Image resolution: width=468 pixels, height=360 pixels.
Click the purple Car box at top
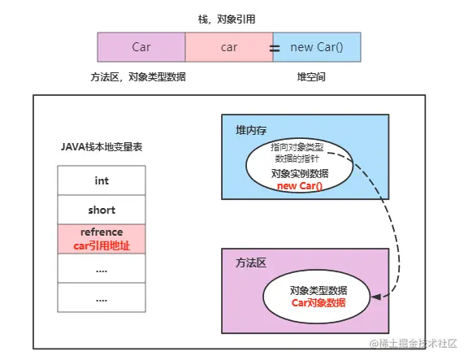coord(141,47)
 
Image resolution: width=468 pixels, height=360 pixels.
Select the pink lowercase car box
coord(229,47)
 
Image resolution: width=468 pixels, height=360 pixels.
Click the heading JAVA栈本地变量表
coord(102,147)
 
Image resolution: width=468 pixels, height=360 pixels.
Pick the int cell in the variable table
coord(102,180)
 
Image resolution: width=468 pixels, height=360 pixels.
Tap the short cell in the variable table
coord(102,210)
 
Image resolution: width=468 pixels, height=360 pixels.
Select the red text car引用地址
coord(102,245)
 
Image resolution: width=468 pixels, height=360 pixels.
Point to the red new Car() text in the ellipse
coord(299,185)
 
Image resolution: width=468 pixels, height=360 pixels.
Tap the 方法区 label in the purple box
coord(252,264)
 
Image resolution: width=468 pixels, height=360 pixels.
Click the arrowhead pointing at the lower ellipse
coord(376,298)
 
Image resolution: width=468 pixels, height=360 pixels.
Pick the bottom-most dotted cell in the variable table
coord(102,297)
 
